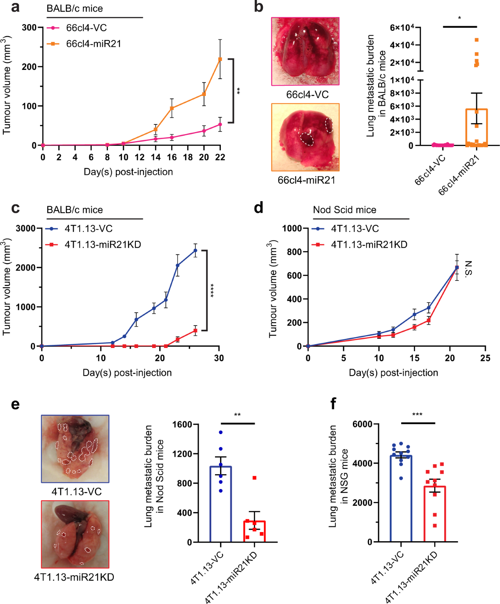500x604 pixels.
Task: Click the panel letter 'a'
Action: tap(15, 7)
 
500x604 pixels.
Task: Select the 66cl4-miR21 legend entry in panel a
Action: tap(93, 44)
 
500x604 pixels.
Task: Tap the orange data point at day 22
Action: tap(220, 59)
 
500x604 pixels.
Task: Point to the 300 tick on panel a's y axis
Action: tap(29, 27)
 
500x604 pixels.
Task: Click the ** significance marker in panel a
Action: tap(238, 91)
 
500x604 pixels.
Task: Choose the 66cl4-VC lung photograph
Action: tap(305, 51)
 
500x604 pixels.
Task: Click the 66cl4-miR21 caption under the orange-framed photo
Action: tap(306, 180)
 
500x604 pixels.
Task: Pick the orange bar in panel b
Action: tap(476, 127)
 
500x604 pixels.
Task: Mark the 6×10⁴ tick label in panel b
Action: tap(402, 27)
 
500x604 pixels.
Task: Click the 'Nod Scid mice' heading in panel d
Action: tap(345, 210)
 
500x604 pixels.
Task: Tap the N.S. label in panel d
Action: tap(468, 268)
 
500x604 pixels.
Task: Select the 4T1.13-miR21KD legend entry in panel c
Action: tap(102, 244)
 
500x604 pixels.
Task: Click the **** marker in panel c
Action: tap(212, 290)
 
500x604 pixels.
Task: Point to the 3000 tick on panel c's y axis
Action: tap(26, 228)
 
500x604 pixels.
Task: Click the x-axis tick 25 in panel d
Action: tap(485, 358)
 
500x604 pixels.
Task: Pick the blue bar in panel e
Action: tap(220, 504)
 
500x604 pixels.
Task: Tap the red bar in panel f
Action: tap(435, 514)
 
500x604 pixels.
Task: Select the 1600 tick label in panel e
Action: tap(183, 424)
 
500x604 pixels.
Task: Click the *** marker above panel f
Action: tap(417, 415)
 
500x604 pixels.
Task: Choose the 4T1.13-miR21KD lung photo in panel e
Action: tap(75, 534)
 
